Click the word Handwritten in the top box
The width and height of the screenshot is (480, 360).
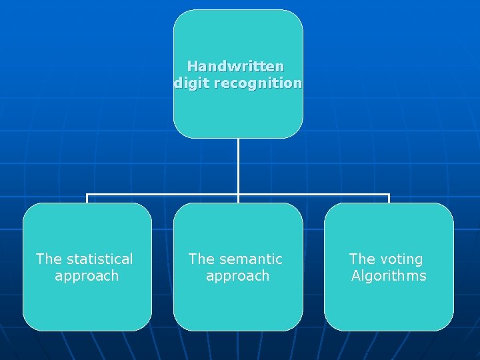[x=235, y=67]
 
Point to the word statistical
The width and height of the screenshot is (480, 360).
[x=99, y=259]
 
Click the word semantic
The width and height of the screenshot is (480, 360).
[x=249, y=259]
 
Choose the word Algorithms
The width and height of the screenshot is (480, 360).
[x=389, y=276]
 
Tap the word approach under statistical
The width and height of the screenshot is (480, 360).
[x=87, y=276]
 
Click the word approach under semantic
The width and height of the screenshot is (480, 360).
[x=237, y=276]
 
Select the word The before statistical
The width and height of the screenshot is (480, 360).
[x=48, y=259]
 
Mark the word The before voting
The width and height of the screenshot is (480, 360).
[x=362, y=259]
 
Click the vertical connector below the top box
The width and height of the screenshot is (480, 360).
[x=238, y=167]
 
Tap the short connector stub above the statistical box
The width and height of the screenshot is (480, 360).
[x=87, y=199]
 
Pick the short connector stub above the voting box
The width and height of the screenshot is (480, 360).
[x=389, y=199]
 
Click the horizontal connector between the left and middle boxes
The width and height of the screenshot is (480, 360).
[x=163, y=195]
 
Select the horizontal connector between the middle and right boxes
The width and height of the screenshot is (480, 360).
[x=313, y=195]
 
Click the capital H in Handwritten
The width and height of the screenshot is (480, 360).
[x=192, y=67]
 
